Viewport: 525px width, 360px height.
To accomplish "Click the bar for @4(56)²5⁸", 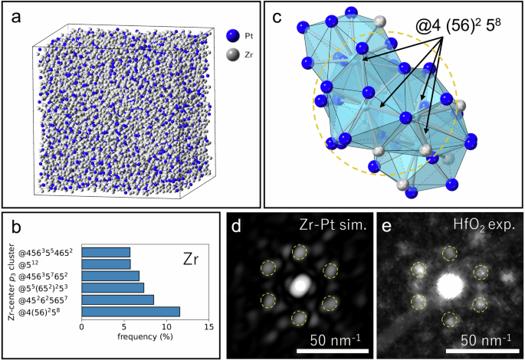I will (130, 311).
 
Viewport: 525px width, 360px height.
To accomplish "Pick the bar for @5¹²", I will (106, 264).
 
